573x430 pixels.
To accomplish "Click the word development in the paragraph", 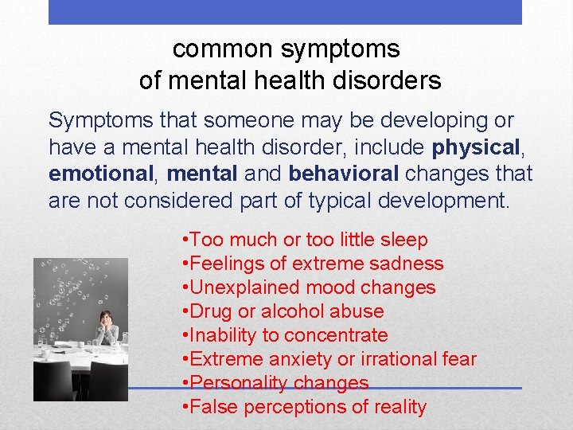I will pyautogui.click(x=437, y=199).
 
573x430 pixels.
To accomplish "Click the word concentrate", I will pyautogui.click(x=336, y=335).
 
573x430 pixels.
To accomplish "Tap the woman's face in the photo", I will pyautogui.click(x=104, y=316).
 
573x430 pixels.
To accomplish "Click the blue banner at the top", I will pyautogui.click(x=285, y=12).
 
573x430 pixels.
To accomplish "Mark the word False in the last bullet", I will pyautogui.click(x=215, y=407).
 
